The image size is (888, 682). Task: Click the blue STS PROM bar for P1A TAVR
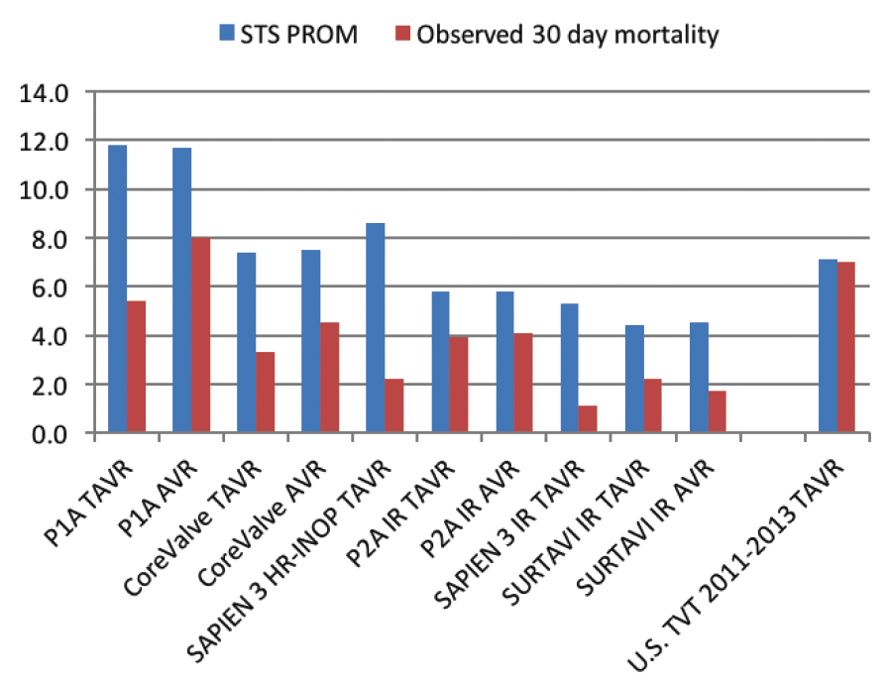(117, 288)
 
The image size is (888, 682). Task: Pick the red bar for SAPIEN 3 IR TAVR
(588, 419)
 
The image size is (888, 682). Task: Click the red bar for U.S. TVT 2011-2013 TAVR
(846, 347)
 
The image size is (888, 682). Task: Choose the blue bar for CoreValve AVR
(311, 341)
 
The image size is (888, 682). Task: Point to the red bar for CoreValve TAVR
(265, 393)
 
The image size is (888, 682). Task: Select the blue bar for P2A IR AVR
(505, 362)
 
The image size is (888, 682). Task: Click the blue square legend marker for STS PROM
(226, 35)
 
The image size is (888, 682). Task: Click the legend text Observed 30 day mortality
(567, 35)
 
